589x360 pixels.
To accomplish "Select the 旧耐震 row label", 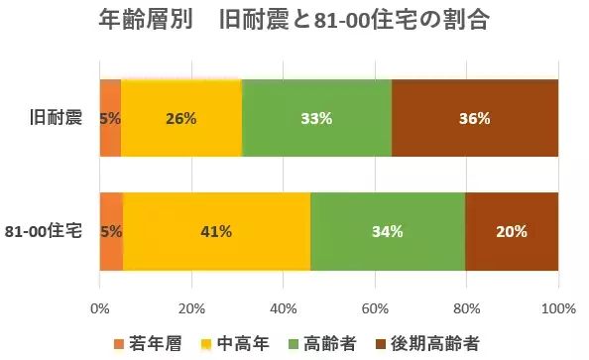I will point(56,118).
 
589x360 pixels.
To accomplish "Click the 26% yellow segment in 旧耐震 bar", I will point(181,118).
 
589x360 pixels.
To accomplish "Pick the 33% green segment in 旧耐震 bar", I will point(316,118).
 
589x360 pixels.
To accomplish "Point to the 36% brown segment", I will point(475,118).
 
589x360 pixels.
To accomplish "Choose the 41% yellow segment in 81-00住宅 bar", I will point(216,232).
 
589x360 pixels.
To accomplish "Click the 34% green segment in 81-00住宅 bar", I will point(388,232).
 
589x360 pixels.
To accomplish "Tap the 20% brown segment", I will point(512,232).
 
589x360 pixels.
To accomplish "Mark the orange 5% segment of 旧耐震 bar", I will point(110,118).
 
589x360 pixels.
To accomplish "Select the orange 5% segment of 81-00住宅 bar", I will point(111,232).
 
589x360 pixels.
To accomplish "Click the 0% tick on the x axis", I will point(100,307).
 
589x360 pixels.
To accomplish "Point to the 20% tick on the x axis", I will point(191,307).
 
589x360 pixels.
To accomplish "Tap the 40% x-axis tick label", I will point(284,307).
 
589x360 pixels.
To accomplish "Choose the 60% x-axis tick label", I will point(375,307).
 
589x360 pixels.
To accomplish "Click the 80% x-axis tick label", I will point(467,307).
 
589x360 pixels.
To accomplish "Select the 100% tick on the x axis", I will point(558,307).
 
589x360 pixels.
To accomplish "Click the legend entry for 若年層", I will point(150,343).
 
